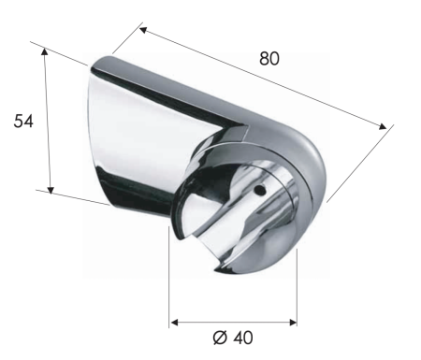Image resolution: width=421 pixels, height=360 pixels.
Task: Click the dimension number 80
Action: pyautogui.click(x=269, y=57)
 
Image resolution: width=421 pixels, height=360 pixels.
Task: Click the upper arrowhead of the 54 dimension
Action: pyautogui.click(x=46, y=52)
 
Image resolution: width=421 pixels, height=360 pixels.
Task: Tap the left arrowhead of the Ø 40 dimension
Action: pyautogui.click(x=175, y=323)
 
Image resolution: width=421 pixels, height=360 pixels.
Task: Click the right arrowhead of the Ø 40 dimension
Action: pyautogui.click(x=292, y=323)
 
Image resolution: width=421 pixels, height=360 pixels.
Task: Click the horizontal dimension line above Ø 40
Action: pyautogui.click(x=234, y=323)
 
